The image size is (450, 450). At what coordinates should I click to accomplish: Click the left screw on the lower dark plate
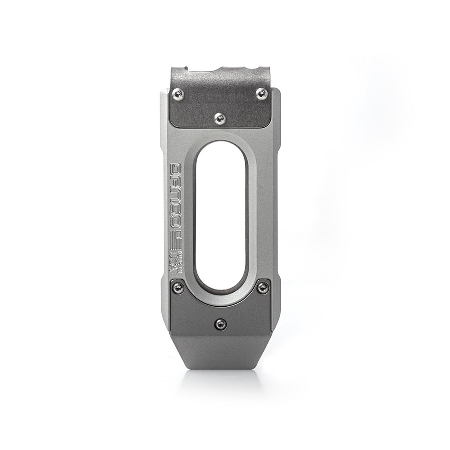(x=178, y=287)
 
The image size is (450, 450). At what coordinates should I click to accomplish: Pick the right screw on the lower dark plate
(x=262, y=287)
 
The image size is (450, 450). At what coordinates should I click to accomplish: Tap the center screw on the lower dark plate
(x=220, y=324)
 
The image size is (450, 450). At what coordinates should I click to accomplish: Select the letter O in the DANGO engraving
(x=176, y=224)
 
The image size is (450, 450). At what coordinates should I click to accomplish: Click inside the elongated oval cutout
(x=220, y=215)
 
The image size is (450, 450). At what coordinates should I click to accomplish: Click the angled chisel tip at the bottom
(x=220, y=356)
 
